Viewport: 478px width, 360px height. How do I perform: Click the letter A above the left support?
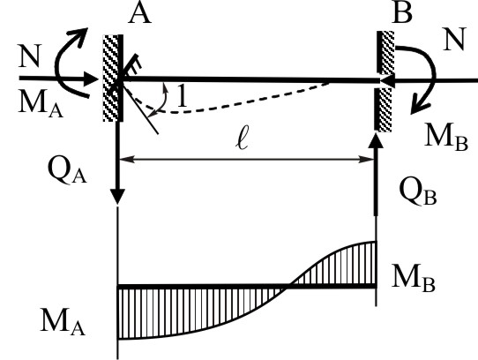[x=139, y=14]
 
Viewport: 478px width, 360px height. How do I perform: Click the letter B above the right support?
[x=402, y=13]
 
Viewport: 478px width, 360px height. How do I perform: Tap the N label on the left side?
[x=30, y=56]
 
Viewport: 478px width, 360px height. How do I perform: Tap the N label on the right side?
[x=454, y=39]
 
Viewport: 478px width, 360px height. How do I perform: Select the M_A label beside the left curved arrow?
[x=41, y=104]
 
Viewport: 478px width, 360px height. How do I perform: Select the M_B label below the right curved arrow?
[x=446, y=138]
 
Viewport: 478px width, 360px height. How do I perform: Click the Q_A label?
[x=67, y=171]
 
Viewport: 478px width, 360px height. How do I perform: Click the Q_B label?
[x=418, y=193]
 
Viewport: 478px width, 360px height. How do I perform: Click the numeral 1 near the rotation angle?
[x=183, y=95]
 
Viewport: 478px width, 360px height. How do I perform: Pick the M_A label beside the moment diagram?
[x=63, y=322]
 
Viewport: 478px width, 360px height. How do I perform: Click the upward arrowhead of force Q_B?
[x=376, y=140]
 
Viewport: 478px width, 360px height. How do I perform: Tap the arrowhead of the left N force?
[x=92, y=79]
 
